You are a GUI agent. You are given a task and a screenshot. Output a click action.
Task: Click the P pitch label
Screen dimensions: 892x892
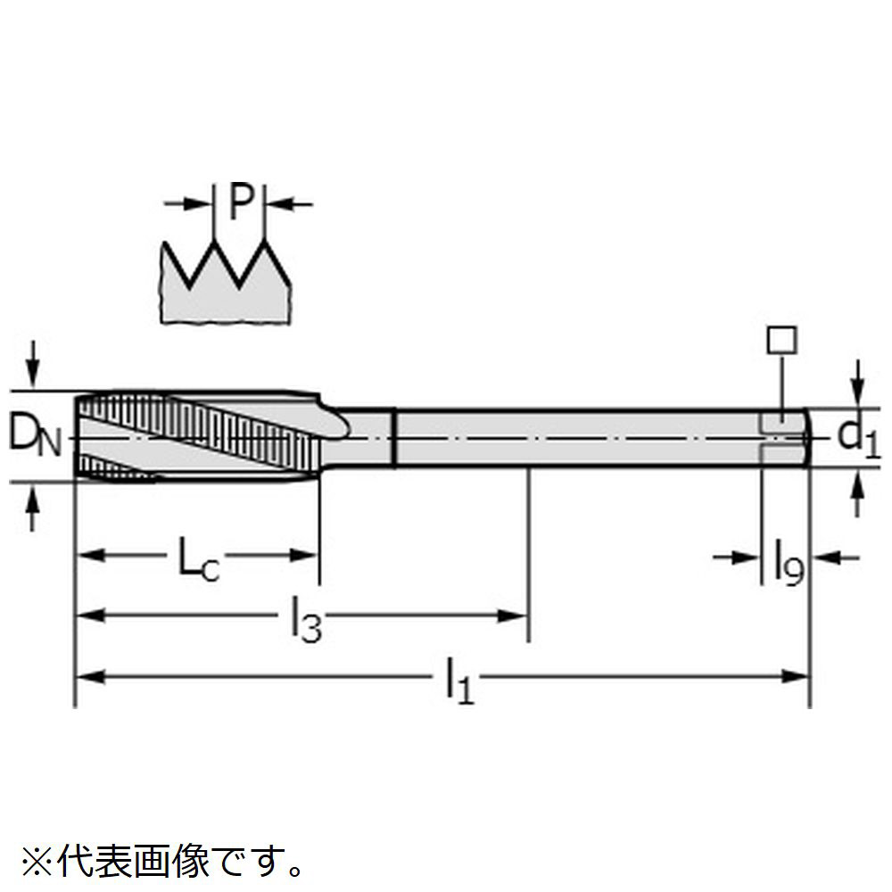tap(241, 202)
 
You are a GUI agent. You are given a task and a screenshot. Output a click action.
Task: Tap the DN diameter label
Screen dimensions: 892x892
tap(34, 436)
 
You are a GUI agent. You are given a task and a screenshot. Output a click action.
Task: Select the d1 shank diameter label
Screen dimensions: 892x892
tap(858, 439)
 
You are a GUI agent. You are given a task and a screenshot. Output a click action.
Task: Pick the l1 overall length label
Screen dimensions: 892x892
tap(459, 681)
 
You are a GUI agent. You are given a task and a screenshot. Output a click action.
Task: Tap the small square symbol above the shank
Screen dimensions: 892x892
tap(782, 340)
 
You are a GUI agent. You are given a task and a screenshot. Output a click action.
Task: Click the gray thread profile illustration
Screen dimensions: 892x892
tap(226, 282)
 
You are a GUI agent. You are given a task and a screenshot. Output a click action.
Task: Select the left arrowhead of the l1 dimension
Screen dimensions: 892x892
tap(91, 676)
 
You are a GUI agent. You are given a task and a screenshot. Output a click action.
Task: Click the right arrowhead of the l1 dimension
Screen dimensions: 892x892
tap(795, 676)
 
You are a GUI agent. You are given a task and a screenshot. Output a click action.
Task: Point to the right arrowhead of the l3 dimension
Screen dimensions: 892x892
tap(513, 615)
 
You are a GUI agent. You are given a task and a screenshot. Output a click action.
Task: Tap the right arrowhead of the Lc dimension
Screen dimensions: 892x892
tap(303, 555)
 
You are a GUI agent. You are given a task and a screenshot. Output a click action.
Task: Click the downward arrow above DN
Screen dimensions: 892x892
tap(33, 364)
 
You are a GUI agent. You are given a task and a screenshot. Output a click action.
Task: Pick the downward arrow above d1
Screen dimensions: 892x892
tap(858, 384)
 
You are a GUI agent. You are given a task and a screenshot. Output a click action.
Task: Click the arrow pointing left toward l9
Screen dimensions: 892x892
tap(835, 557)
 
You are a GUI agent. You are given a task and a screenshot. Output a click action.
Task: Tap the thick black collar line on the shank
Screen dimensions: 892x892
tap(393, 438)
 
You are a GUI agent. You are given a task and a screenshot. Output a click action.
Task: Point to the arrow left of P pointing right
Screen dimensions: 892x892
tap(187, 203)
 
